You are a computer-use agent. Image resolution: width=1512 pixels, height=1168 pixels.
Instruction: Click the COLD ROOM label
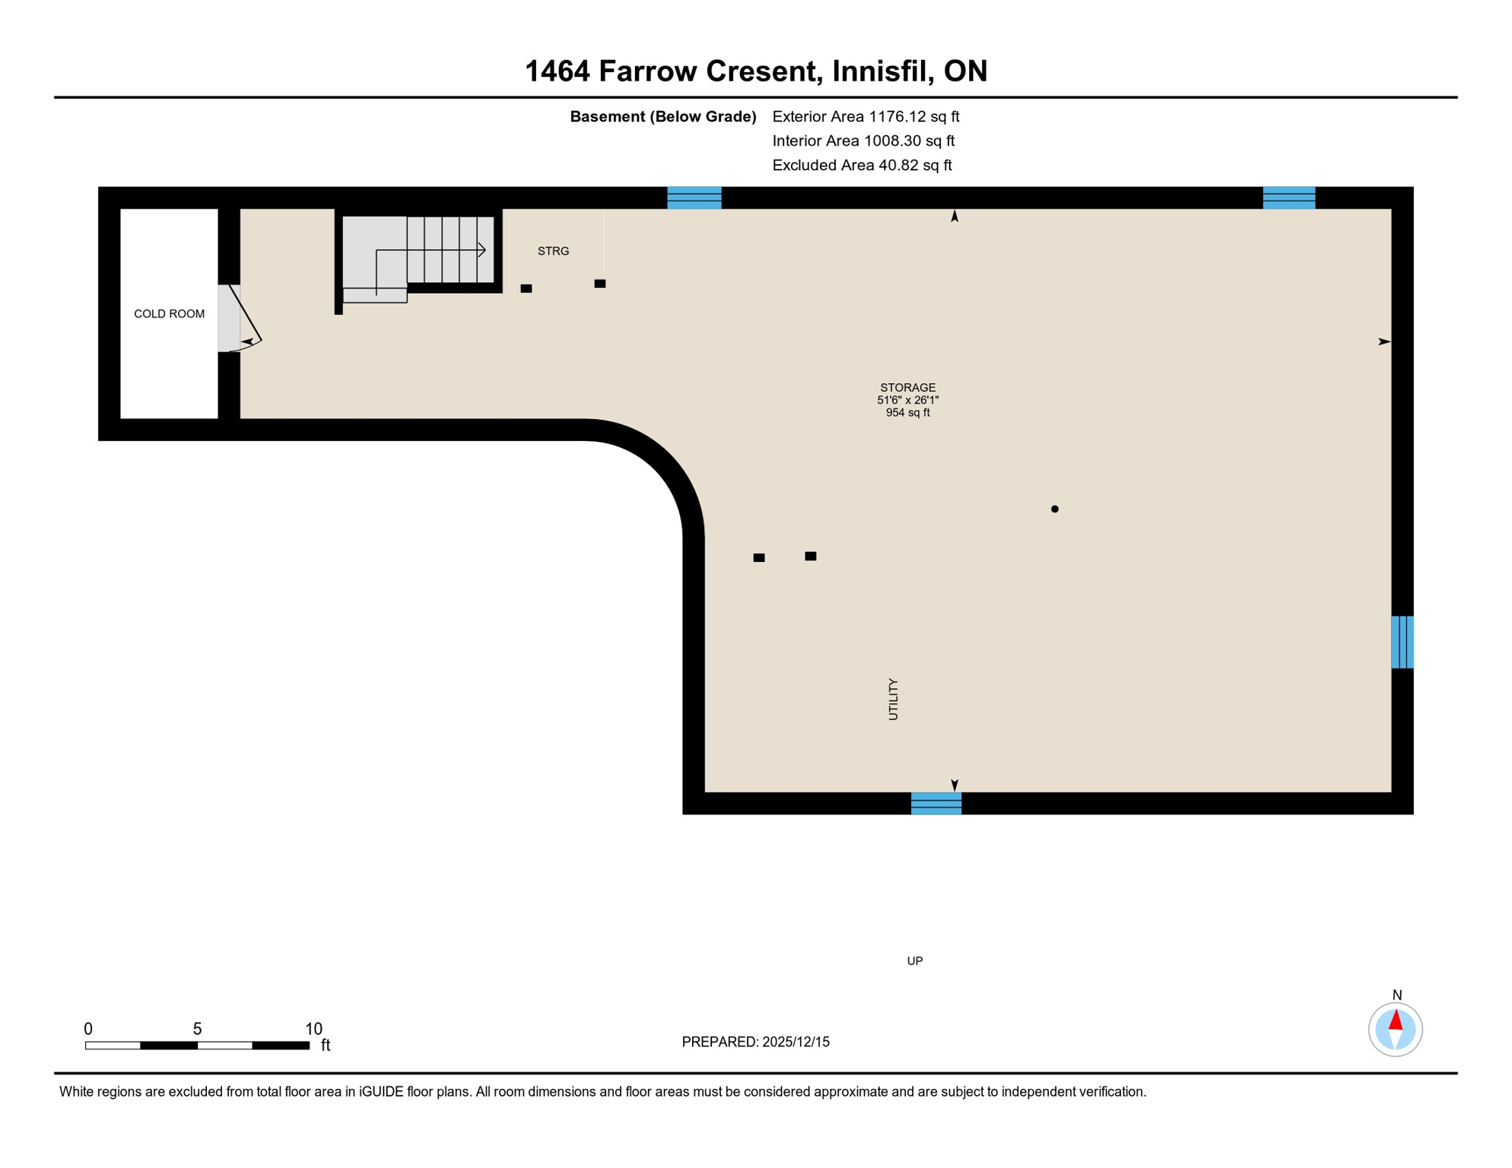(x=169, y=314)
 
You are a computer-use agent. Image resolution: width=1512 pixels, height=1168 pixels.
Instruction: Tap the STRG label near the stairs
(x=553, y=251)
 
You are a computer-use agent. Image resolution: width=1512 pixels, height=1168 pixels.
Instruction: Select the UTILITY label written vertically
(x=893, y=700)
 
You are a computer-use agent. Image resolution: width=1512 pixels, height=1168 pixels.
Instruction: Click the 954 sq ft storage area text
(x=907, y=413)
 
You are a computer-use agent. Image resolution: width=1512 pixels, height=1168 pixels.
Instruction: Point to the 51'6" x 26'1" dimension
(x=907, y=400)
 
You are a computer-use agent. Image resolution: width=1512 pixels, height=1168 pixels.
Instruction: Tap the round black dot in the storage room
(x=1054, y=509)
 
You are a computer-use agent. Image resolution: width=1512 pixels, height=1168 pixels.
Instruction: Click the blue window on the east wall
(x=1402, y=642)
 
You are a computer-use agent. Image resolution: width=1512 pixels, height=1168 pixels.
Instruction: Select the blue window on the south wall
(x=935, y=803)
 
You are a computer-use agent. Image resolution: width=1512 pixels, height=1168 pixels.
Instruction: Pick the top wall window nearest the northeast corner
(x=1288, y=198)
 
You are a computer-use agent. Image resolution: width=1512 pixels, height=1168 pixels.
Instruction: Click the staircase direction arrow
(x=481, y=249)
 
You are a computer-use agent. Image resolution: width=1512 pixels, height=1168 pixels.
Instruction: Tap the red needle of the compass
(x=1396, y=1020)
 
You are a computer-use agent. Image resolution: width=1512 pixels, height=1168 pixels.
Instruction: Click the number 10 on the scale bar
(x=313, y=1029)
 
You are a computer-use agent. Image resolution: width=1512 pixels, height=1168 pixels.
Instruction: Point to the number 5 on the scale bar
(x=197, y=1029)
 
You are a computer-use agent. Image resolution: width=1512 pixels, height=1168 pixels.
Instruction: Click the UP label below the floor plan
(x=914, y=961)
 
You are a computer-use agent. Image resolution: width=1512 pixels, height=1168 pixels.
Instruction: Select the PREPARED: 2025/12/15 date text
(x=755, y=1042)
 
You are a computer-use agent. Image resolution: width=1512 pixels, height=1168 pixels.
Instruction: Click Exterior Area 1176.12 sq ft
(x=866, y=116)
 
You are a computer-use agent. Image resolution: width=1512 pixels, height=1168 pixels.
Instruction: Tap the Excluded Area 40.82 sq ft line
(x=862, y=165)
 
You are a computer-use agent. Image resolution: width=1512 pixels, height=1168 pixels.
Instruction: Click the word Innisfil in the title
(x=882, y=71)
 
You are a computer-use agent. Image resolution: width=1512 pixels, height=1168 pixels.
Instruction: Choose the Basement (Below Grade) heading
(x=662, y=116)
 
